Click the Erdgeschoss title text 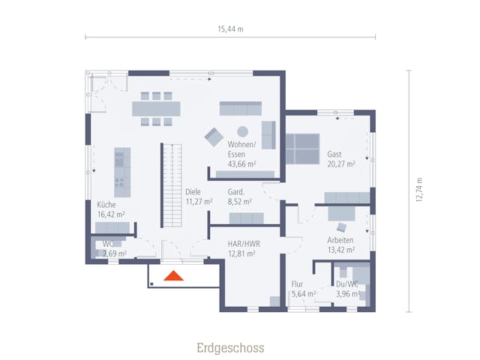click(x=230, y=348)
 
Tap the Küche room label click(x=106, y=204)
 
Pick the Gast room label click(x=334, y=154)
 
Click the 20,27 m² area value click(x=341, y=164)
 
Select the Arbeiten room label click(x=340, y=240)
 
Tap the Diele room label click(x=193, y=190)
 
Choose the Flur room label click(x=297, y=284)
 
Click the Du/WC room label click(x=347, y=284)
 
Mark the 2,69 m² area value click(x=114, y=254)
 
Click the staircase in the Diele click(x=172, y=186)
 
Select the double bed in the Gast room click(x=303, y=148)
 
